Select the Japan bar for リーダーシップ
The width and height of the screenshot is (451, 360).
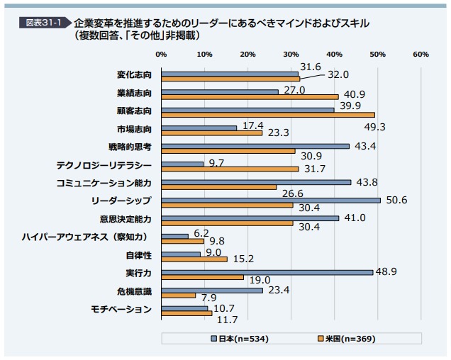(271, 200)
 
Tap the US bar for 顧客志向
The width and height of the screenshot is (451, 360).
(268, 115)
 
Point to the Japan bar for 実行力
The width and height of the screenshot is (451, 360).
(267, 272)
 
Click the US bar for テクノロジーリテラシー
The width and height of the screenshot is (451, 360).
(230, 169)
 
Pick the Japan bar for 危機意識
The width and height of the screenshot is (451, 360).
(212, 291)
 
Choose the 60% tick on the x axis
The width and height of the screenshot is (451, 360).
(421, 54)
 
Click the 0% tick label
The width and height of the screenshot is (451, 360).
(161, 54)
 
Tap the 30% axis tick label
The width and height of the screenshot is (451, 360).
(291, 54)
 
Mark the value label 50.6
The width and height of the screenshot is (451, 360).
(396, 200)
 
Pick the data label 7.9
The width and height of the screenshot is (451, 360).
(208, 298)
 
